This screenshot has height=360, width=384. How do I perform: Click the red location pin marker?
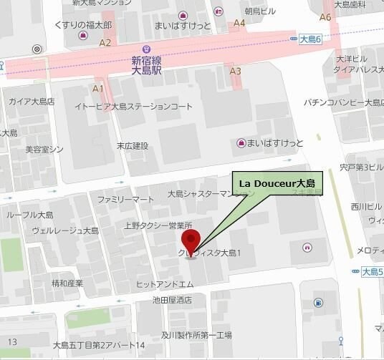pos(190,240)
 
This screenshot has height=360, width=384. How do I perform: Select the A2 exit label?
pos(105,43)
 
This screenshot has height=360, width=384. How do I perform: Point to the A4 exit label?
pos(239,23)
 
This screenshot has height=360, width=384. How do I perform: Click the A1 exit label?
pos(98,89)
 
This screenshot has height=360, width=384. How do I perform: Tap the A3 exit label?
pos(235,71)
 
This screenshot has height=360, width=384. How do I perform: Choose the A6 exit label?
pos(325,17)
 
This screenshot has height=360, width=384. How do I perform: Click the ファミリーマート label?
pos(125,198)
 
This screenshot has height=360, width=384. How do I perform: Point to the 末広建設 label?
pos(133,146)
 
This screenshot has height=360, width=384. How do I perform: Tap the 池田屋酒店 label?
pos(167,301)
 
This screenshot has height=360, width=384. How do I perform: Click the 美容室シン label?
pos(44,150)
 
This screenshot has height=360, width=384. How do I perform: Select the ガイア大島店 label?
pos(32,101)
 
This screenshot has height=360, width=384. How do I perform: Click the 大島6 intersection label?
pos(312,38)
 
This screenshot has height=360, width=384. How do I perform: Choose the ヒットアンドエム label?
pos(165,285)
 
